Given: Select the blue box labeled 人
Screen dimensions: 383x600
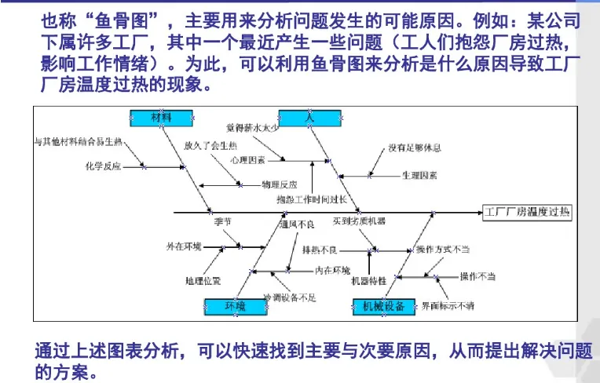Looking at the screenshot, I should pos(309,117).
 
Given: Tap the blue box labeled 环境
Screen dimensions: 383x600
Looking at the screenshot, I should pos(235,305).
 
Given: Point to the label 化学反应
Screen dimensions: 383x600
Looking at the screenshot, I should pos(103,166).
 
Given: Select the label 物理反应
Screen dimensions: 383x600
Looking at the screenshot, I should pos(280,184).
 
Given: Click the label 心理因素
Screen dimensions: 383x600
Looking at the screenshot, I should pos(247,159).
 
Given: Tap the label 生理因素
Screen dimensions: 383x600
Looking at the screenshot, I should pos(420,173).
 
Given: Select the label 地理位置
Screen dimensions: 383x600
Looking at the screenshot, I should pos(203,280).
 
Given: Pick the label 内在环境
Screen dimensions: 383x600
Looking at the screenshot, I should pos(332,271).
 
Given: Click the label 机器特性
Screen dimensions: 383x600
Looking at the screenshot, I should pos(368,280).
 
